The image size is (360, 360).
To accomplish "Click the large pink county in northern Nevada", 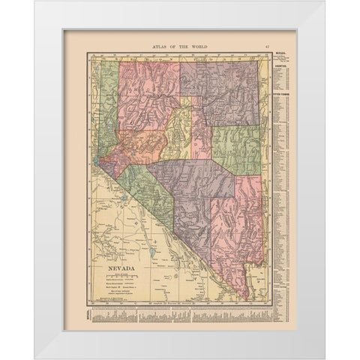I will pos(146,82).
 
